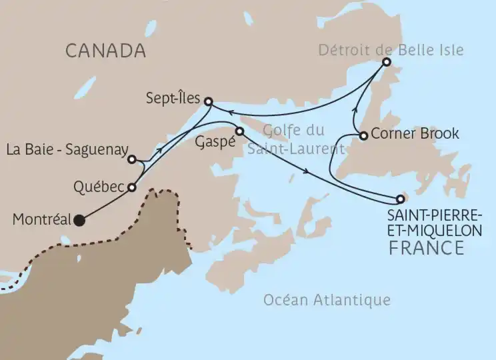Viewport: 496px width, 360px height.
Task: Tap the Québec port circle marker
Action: coord(132,187)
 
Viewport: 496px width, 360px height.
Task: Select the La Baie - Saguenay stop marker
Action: coord(132,159)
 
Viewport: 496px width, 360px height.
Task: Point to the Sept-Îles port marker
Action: coord(208,102)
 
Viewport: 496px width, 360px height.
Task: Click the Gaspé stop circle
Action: coord(239,131)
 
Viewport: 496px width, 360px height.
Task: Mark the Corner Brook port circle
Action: coord(363,135)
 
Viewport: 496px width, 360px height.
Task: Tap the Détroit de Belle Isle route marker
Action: coord(386,62)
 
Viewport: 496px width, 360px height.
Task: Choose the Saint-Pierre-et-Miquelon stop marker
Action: coord(400,199)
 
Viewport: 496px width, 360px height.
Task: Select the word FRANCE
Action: coord(425,248)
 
